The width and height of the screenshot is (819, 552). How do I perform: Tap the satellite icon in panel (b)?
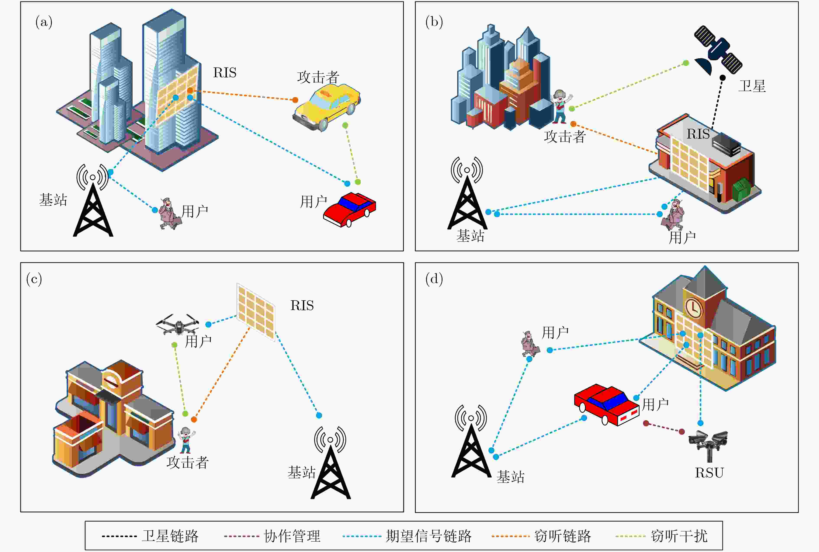pos(718,51)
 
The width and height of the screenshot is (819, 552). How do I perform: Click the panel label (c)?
pos(34,279)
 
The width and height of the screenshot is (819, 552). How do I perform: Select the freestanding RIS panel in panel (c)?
pos(256,312)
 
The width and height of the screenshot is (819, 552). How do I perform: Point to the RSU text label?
pos(709,473)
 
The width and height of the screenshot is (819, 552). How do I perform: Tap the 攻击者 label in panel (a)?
pos(318,77)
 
